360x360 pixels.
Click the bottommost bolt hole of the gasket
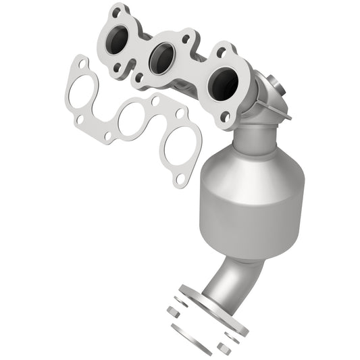click(180, 180)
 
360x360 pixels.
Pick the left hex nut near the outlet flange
click(173, 313)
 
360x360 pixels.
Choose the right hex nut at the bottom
click(224, 349)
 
